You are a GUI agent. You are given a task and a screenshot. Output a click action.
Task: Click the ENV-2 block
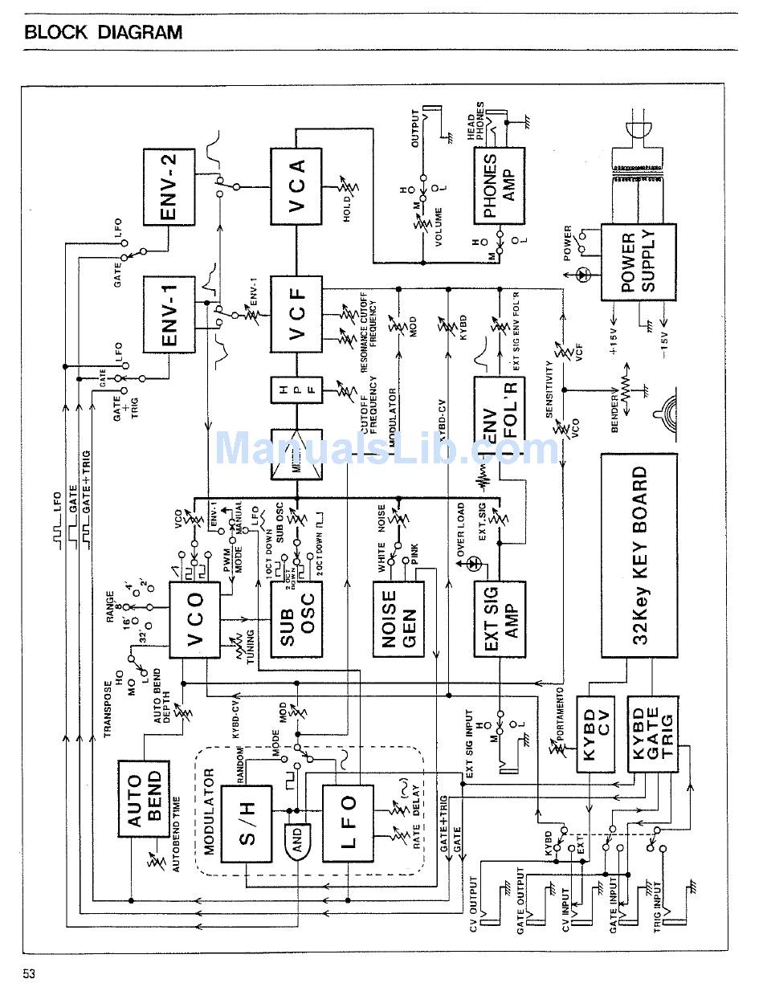tap(169, 186)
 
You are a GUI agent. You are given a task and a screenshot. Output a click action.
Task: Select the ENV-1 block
tap(169, 314)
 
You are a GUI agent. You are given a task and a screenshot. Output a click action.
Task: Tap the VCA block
tap(296, 186)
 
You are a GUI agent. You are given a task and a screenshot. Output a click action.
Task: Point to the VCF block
tap(296, 314)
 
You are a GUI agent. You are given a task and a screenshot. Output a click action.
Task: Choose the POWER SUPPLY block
tap(639, 262)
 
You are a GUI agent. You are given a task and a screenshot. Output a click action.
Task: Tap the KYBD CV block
tap(595, 734)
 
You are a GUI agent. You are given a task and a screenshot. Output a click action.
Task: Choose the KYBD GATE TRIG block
tap(651, 734)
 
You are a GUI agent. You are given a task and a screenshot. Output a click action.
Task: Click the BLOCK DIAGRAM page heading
tap(104, 33)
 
